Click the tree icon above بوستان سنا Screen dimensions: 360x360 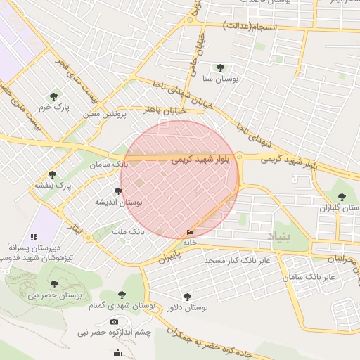click(220, 68)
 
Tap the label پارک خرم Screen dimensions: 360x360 click(52, 108)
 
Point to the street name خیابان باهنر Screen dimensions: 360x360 click(163, 110)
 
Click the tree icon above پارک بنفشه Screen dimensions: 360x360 click(52, 174)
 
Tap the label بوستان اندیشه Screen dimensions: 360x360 click(119, 202)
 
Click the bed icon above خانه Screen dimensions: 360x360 click(190, 232)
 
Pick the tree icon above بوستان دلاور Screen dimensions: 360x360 click(186, 297)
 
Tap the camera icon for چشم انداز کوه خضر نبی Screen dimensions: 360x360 click(115, 321)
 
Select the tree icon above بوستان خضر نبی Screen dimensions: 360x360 click(54, 284)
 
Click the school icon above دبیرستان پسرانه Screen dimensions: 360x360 click(33, 237)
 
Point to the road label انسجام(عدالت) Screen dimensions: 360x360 click(251, 26)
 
